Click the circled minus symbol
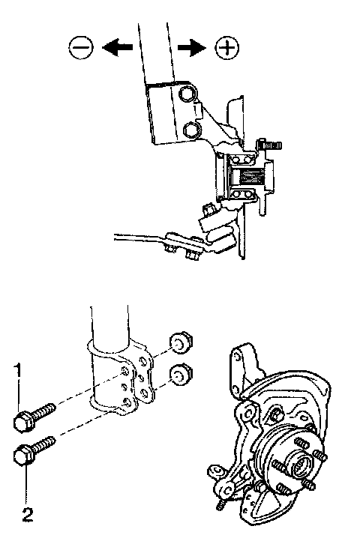pyautogui.click(x=81, y=47)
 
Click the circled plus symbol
pyautogui.click(x=227, y=47)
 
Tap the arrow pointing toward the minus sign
pyautogui.click(x=117, y=47)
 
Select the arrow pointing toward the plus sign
pyautogui.click(x=192, y=47)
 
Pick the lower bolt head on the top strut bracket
pyautogui.click(x=190, y=130)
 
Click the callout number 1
pyautogui.click(x=18, y=370)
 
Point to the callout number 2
pyautogui.click(x=28, y=515)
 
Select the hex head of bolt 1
pyautogui.click(x=23, y=421)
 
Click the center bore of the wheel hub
pyautogui.click(x=300, y=467)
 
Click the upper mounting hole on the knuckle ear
pyautogui.click(x=237, y=357)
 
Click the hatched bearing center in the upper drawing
pyautogui.click(x=249, y=176)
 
